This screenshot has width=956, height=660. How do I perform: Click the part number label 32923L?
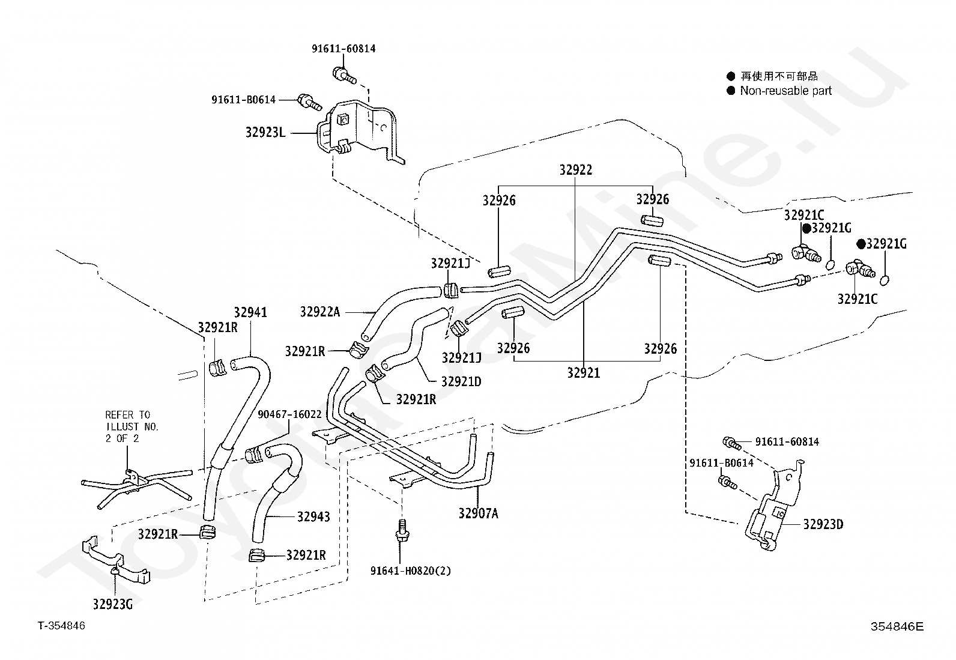pos(265,132)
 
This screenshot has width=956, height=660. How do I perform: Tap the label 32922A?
pos(320,312)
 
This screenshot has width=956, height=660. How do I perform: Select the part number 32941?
pos(250,312)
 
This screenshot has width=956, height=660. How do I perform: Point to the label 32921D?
pos(461,381)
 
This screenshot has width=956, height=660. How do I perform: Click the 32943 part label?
pos(313,516)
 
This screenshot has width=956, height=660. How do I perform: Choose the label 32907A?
pos(479,513)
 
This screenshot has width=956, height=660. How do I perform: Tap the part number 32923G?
pos(113,604)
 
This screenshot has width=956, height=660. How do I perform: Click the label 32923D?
pos(823,524)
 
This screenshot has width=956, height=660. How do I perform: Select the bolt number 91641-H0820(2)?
pos(411,571)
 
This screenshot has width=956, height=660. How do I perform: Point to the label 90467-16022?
pos(289,414)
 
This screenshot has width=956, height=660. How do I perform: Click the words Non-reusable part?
pos(785,91)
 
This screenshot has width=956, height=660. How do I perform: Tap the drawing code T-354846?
pos(61,625)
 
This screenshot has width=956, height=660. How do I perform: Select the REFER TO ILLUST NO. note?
pos(132,426)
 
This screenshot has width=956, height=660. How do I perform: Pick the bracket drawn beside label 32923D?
pos(773,506)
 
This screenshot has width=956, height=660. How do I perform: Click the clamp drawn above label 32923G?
pos(115,560)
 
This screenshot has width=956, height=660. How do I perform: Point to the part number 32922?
pos(576,170)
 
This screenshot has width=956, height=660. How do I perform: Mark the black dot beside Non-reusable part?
pos(731,91)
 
